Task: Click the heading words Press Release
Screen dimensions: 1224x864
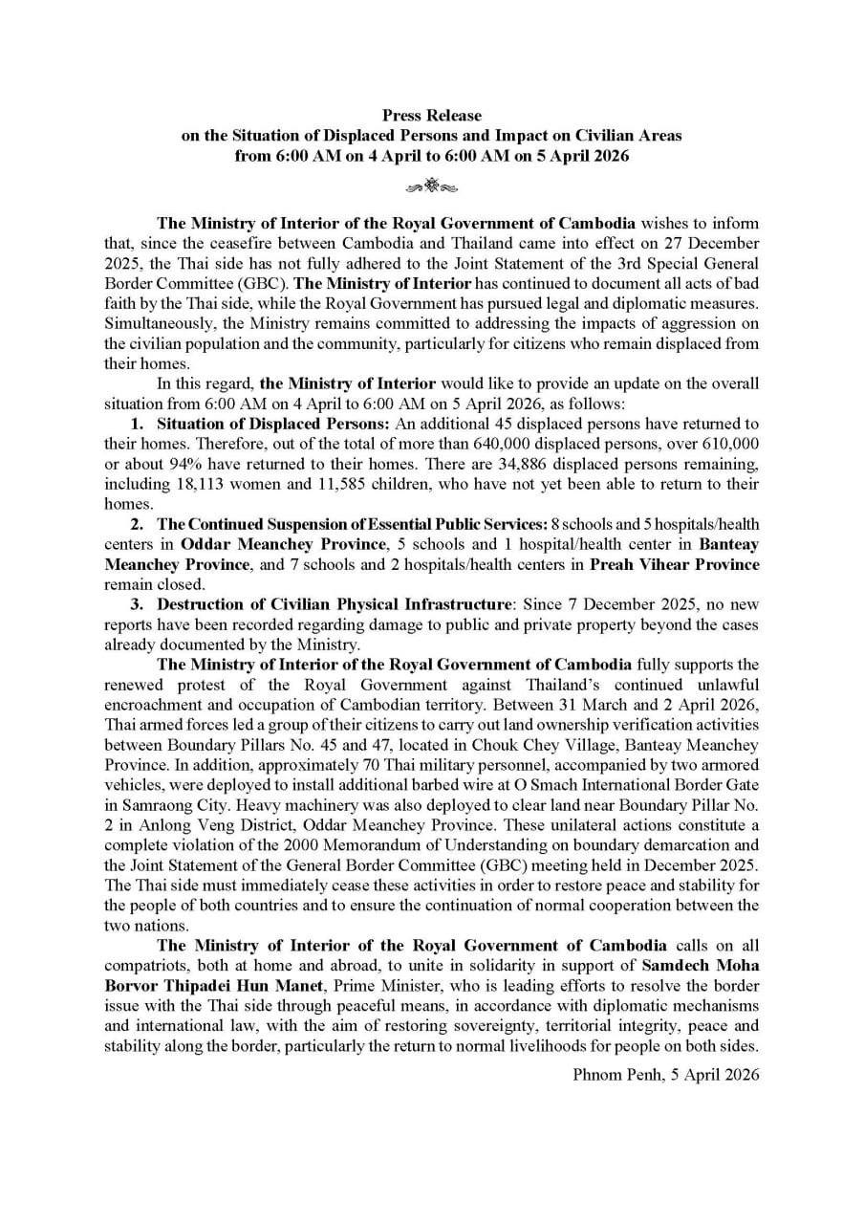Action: [x=432, y=116]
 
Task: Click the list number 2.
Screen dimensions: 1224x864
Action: [x=137, y=525]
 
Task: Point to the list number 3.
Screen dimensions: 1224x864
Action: [x=137, y=603]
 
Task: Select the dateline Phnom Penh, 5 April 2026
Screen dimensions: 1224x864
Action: [x=666, y=1075]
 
